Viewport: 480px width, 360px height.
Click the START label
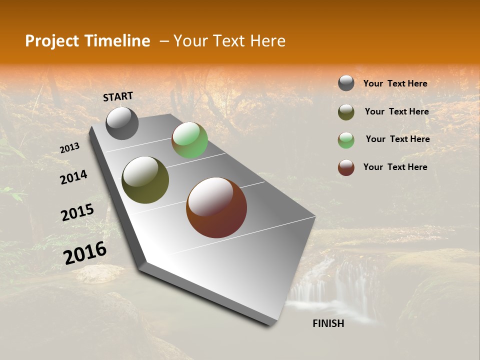[x=118, y=96]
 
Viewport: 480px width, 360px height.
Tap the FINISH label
[x=328, y=323]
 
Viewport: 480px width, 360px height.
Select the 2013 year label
[x=70, y=147]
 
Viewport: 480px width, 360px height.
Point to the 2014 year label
[x=73, y=177]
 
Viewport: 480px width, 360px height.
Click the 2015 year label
[x=77, y=212]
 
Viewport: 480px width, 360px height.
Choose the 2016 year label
[x=85, y=252]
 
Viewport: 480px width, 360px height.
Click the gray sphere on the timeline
[x=122, y=123]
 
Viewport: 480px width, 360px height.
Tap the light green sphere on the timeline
[x=189, y=140]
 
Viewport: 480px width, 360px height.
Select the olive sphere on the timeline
[x=145, y=180]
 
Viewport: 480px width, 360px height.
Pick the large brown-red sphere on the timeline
[x=216, y=207]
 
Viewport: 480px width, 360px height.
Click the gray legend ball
[x=346, y=83]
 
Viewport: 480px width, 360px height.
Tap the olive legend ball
[x=346, y=112]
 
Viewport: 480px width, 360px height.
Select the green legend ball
[x=346, y=140]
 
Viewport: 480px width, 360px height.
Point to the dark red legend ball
[x=346, y=167]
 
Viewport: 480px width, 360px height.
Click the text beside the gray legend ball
[x=395, y=83]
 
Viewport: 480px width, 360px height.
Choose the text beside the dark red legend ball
[x=395, y=167]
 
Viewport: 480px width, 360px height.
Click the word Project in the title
[x=52, y=41]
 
